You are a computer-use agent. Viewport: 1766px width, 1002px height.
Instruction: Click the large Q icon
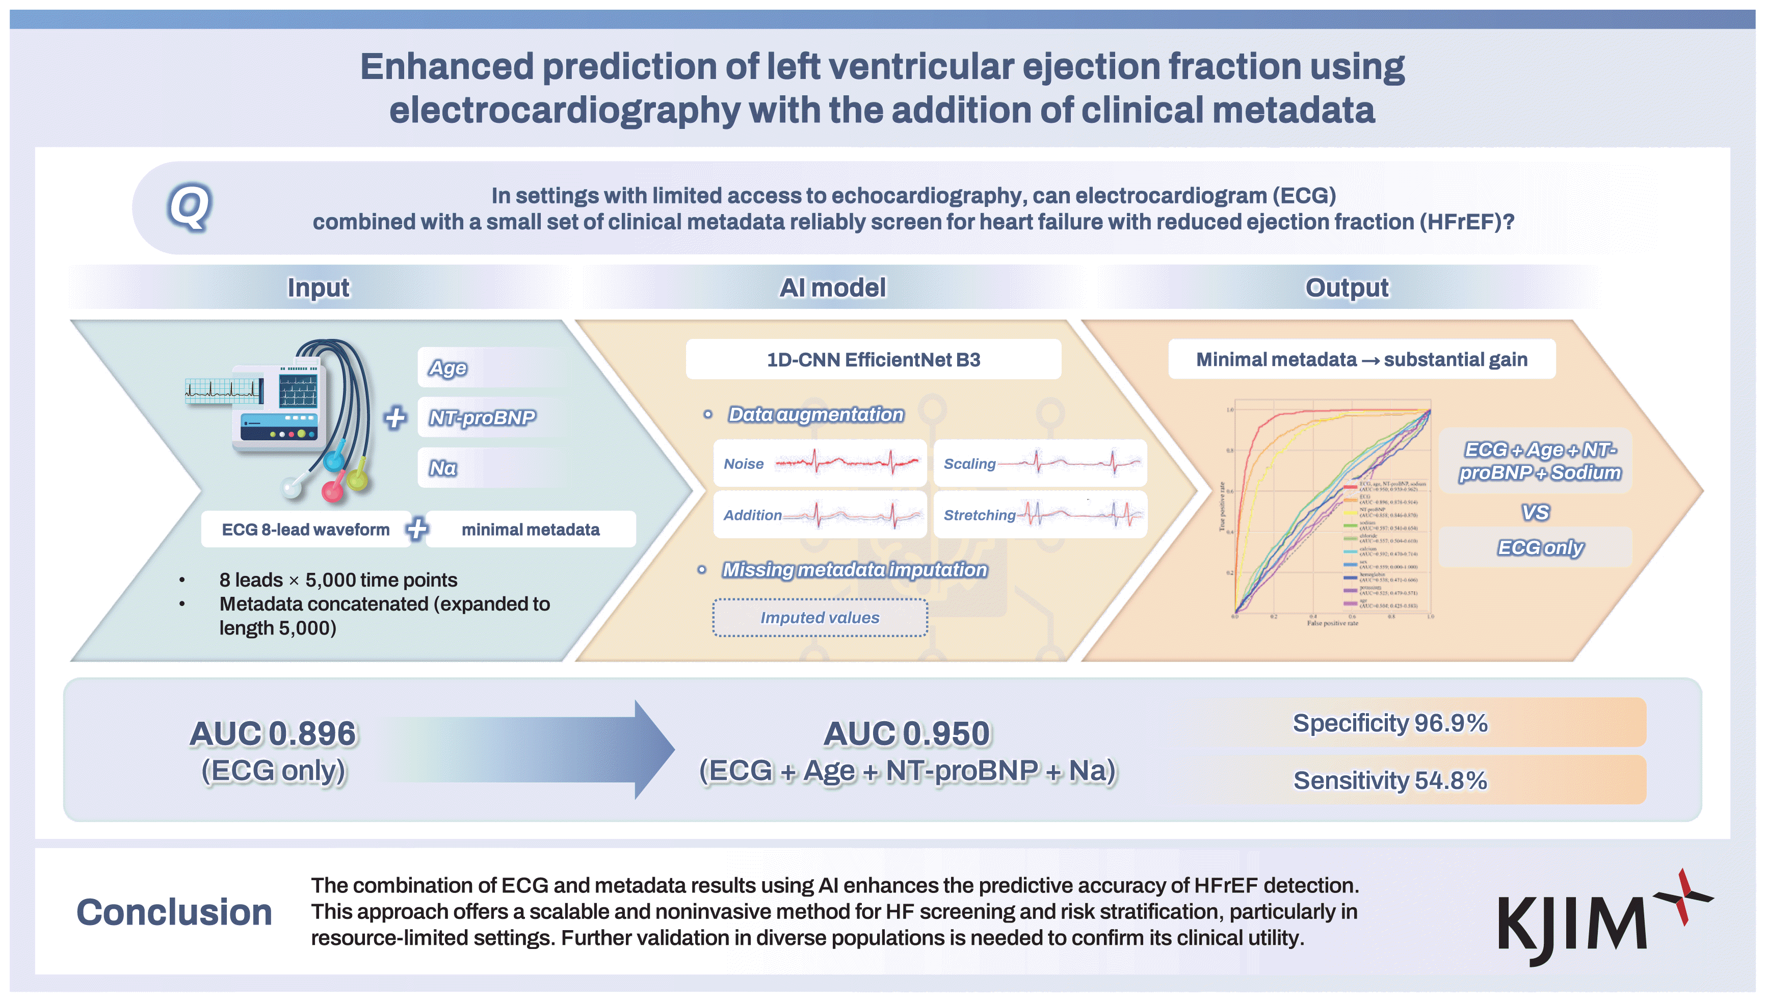189,206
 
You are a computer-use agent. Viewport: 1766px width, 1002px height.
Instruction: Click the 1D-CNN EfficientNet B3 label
873,359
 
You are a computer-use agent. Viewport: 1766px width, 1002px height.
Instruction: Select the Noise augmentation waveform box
820,463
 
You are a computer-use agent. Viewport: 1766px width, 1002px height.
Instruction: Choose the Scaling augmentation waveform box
1040,463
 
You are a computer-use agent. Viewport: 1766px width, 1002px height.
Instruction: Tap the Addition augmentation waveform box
820,514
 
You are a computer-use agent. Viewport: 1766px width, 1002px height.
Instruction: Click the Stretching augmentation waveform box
1040,514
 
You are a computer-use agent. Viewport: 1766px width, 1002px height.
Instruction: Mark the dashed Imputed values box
820,617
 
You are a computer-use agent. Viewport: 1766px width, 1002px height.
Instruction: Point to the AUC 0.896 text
273,733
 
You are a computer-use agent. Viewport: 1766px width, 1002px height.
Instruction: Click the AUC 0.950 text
907,733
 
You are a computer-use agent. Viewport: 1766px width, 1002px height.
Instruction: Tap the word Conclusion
174,912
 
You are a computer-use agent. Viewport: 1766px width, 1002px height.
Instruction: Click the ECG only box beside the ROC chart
1540,547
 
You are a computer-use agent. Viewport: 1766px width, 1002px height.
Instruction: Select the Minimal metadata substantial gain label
1361,359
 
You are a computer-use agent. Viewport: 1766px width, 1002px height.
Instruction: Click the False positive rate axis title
1333,623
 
